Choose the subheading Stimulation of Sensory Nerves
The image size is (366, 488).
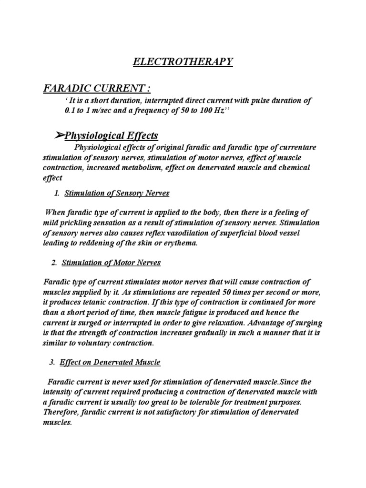(x=117, y=193)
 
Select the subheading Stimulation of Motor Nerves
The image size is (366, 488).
(x=113, y=263)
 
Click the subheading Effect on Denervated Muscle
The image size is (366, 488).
(x=110, y=362)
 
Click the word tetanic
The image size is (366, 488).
(x=93, y=303)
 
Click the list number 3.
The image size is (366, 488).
(x=52, y=362)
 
